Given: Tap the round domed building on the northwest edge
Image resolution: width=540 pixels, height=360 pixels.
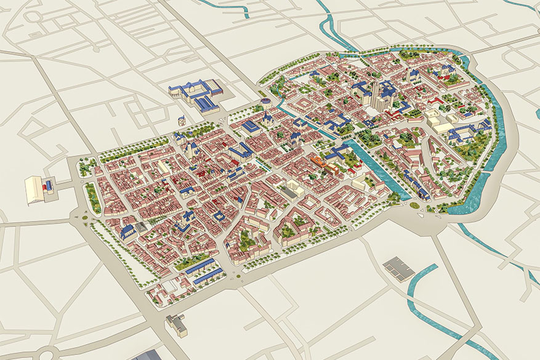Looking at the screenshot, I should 265,101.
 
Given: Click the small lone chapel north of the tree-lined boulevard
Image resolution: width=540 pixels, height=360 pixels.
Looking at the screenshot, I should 182,121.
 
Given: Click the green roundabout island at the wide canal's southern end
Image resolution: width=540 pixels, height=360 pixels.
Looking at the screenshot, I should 414,206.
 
